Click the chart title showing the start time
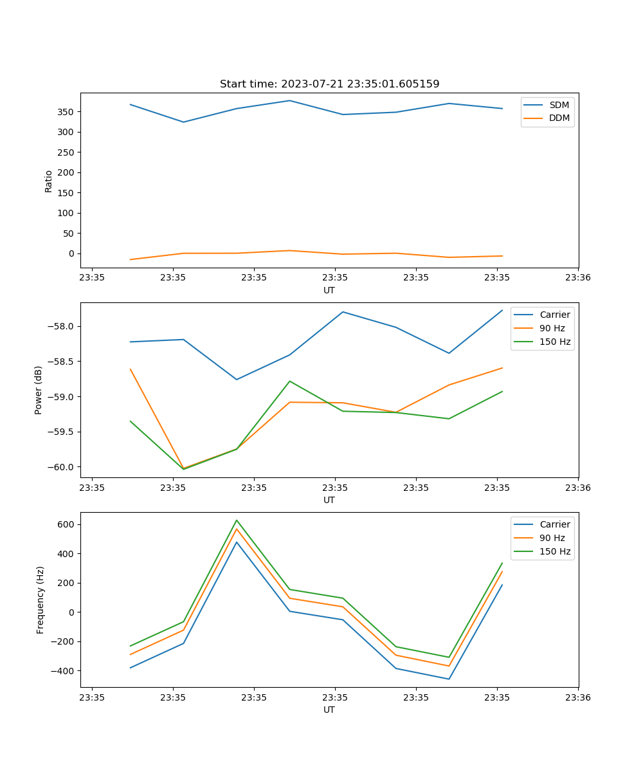click(329, 84)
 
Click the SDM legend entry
click(559, 105)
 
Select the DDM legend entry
click(559, 118)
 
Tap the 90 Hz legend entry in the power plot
click(552, 328)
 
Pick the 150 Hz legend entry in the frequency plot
click(555, 551)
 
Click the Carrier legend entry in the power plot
click(554, 315)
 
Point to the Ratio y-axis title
click(49, 181)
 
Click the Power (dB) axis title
click(39, 390)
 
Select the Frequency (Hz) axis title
click(40, 600)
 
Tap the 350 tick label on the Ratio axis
click(66, 112)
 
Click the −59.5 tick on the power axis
click(61, 432)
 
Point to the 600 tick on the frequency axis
click(66, 524)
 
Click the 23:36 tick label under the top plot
click(578, 278)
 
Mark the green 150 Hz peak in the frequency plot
click(237, 520)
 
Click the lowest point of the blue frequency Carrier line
click(449, 679)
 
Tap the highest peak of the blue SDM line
click(289, 100)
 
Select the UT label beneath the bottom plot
click(329, 710)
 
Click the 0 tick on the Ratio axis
click(71, 253)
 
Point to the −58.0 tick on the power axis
click(61, 326)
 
